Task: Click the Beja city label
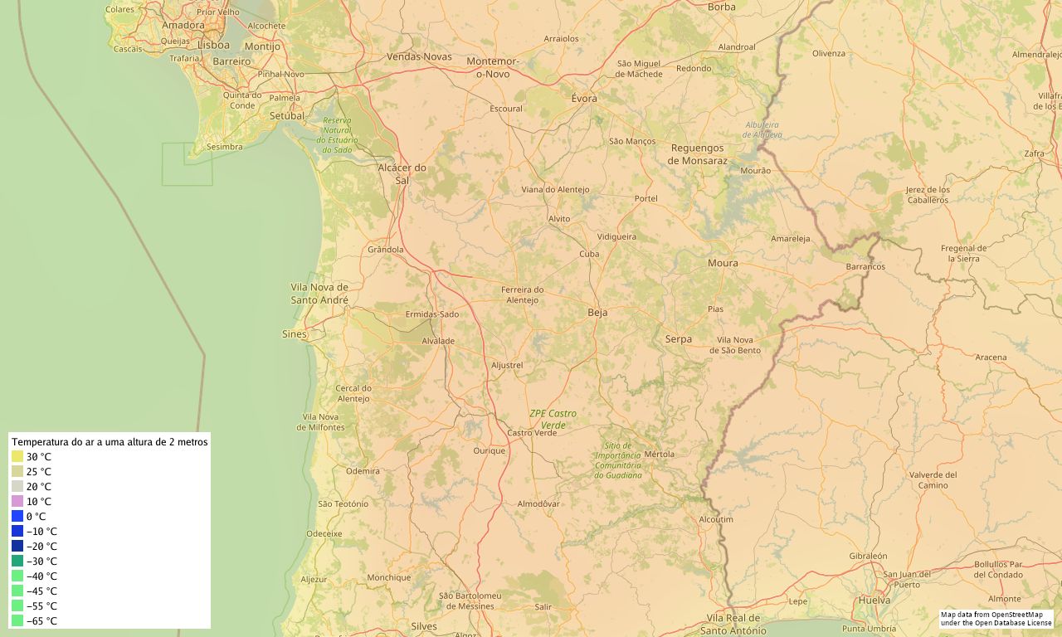coord(597,313)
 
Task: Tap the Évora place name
coord(584,98)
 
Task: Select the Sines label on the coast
coord(295,334)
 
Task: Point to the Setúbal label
coord(287,115)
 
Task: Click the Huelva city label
coord(874,600)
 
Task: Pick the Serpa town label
coord(678,338)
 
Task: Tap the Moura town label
coord(723,263)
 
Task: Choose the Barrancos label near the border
coord(865,267)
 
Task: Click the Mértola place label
coord(660,454)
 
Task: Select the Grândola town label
coord(385,249)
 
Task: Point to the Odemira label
coord(363,470)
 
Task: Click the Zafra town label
coord(1034,153)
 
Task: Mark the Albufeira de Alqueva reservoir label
coord(762,129)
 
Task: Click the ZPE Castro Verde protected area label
coord(553,419)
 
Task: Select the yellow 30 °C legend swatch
coord(17,456)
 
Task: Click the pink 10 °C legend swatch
coord(17,501)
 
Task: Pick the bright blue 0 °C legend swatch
coord(17,516)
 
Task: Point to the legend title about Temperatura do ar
coord(110,442)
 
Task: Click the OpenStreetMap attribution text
coord(996,618)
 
